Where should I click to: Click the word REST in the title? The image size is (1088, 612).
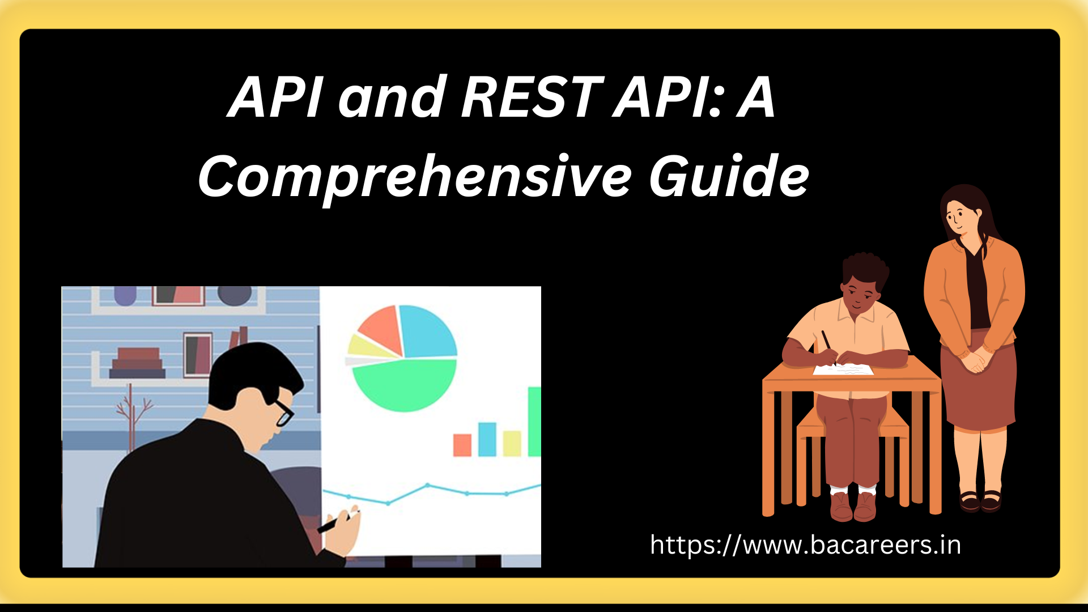tap(532, 97)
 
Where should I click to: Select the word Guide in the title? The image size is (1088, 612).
tap(729, 176)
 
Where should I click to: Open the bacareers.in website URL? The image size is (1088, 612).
tap(805, 545)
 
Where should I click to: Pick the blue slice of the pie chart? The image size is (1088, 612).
tap(428, 331)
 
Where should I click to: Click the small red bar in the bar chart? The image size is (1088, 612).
tap(462, 445)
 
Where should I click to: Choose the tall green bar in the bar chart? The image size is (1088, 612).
tap(534, 422)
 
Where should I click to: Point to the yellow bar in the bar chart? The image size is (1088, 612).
tap(512, 443)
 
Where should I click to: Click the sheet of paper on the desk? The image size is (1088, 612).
tap(843, 369)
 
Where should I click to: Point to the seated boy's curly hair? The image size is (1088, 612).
tap(865, 269)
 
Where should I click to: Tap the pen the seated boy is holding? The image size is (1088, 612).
tap(828, 347)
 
